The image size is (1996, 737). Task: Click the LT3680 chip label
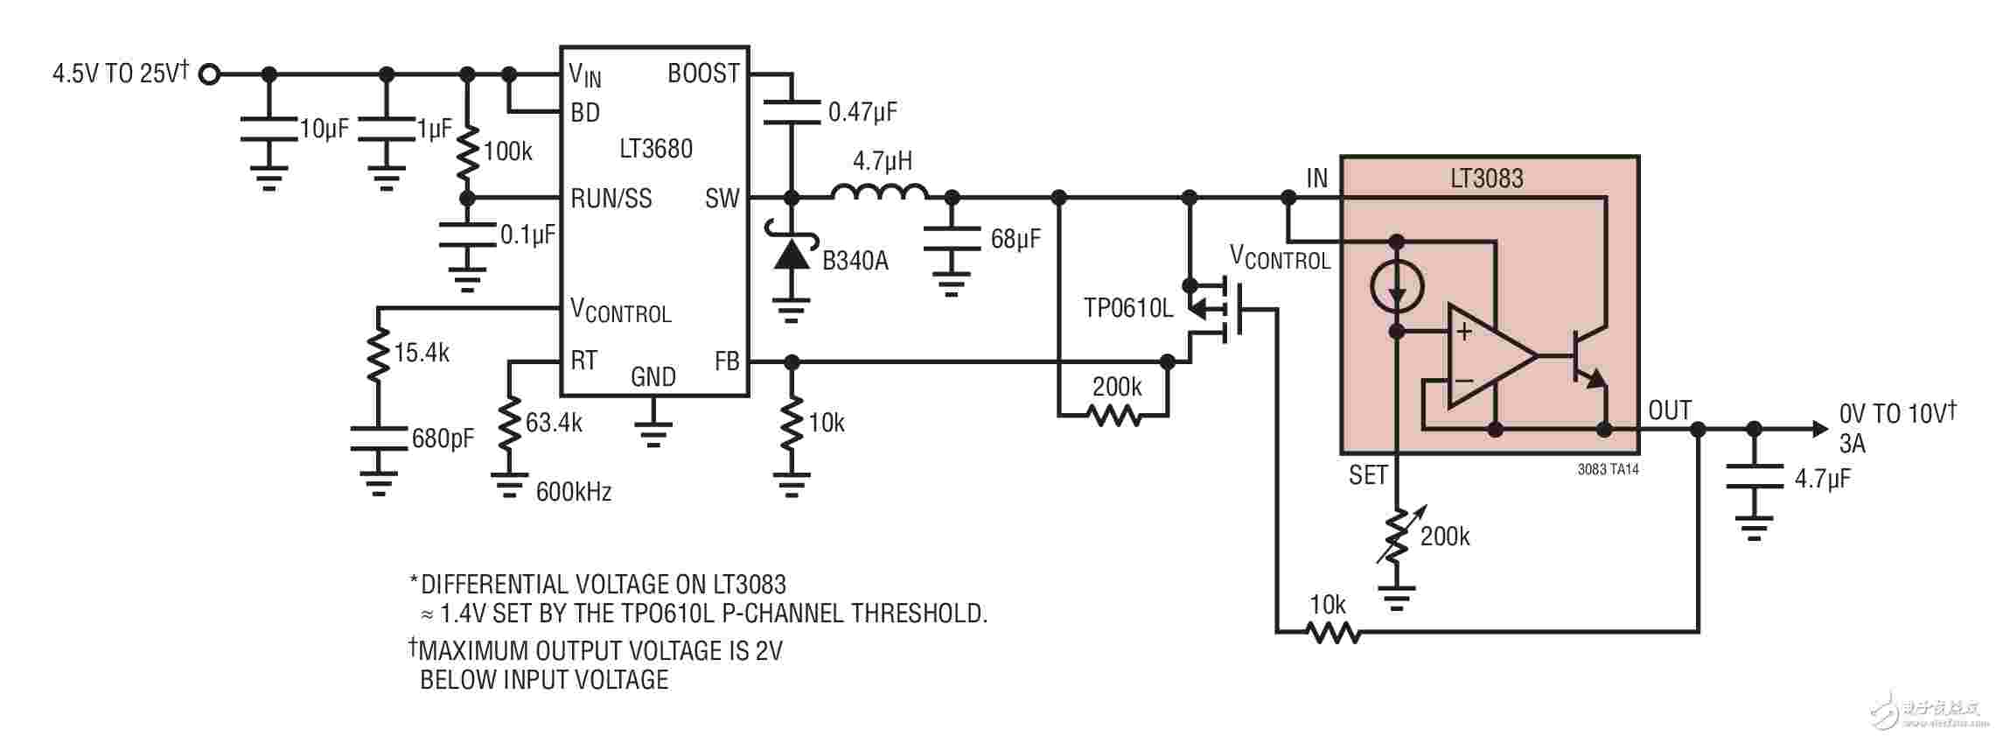pyautogui.click(x=655, y=149)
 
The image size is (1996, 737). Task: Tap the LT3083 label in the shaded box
pyautogui.click(x=1486, y=179)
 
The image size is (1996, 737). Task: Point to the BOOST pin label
pyautogui.click(x=703, y=74)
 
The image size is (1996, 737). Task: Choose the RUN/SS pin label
pyautogui.click(x=611, y=199)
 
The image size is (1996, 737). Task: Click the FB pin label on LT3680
pyautogui.click(x=727, y=361)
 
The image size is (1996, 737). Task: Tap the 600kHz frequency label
pyautogui.click(x=573, y=492)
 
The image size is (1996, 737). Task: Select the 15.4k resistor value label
pyautogui.click(x=422, y=353)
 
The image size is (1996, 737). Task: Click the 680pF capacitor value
pyautogui.click(x=443, y=438)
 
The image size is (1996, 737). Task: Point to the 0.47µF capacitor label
pyautogui.click(x=862, y=111)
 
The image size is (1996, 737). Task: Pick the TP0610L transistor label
pyautogui.click(x=1128, y=308)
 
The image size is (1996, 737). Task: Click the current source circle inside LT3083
pyautogui.click(x=1397, y=285)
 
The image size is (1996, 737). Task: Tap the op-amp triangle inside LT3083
pyautogui.click(x=1490, y=355)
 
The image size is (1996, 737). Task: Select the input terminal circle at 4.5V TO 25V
pyautogui.click(x=208, y=74)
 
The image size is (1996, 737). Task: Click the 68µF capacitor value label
pyautogui.click(x=1015, y=238)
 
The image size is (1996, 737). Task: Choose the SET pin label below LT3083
pyautogui.click(x=1368, y=475)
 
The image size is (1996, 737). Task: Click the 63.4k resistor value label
pyautogui.click(x=554, y=423)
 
